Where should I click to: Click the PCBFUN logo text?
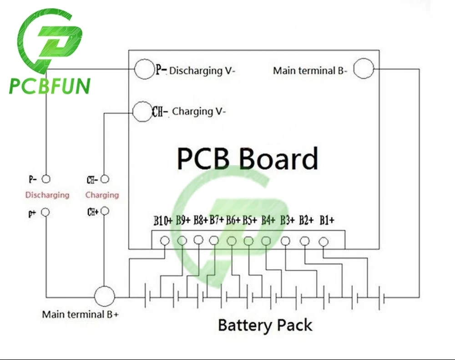50,86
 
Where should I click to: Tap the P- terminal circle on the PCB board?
144,69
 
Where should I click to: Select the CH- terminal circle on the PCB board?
142,112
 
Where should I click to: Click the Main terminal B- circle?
364,68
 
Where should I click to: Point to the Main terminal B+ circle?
105,296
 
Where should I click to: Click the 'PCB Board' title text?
248,158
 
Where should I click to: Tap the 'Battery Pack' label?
265,325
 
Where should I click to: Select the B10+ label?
163,221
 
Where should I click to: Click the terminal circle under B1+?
324,242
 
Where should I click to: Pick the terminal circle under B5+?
248,241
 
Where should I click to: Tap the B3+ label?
287,220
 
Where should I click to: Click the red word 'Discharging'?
47,195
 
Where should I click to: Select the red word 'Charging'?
102,195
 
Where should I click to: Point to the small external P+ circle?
45,212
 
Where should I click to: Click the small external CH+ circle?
105,211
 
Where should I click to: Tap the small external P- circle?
46,179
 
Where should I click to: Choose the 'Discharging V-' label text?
202,71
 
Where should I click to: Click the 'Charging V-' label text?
199,112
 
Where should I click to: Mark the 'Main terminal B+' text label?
81,314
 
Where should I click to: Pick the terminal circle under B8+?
198,240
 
